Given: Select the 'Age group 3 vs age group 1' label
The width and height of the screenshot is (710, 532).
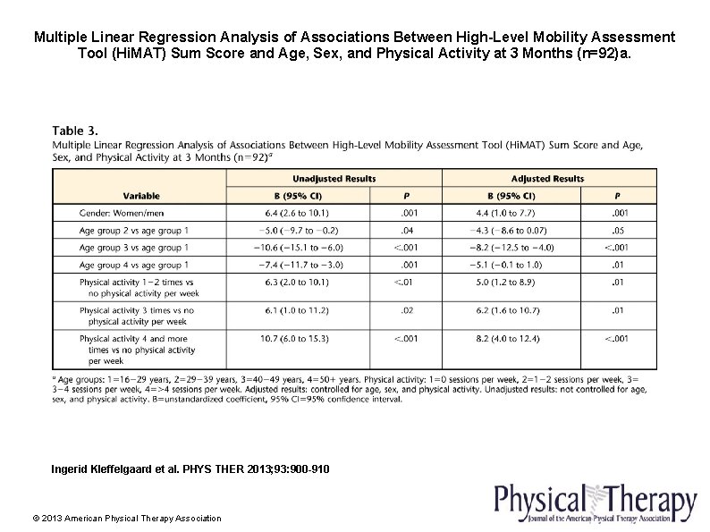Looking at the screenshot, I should click(133, 248).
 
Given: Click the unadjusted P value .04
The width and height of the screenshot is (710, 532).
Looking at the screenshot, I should click(407, 230).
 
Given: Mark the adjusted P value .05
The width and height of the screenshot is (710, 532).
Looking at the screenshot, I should click(616, 230).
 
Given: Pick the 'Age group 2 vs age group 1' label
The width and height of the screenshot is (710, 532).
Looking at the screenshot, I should click(133, 230).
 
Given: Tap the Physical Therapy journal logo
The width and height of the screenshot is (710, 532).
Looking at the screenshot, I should click(596, 504).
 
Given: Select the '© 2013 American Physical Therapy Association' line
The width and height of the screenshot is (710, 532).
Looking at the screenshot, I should click(126, 518).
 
